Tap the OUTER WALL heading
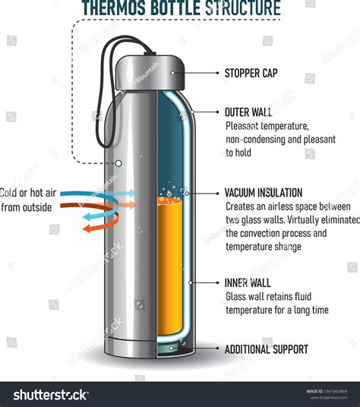[x=248, y=112]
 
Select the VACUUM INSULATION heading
[x=264, y=193]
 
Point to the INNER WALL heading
[x=247, y=282]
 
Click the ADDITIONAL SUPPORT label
[x=266, y=349]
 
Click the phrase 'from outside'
[x=27, y=207]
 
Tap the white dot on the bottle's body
[x=118, y=162]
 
